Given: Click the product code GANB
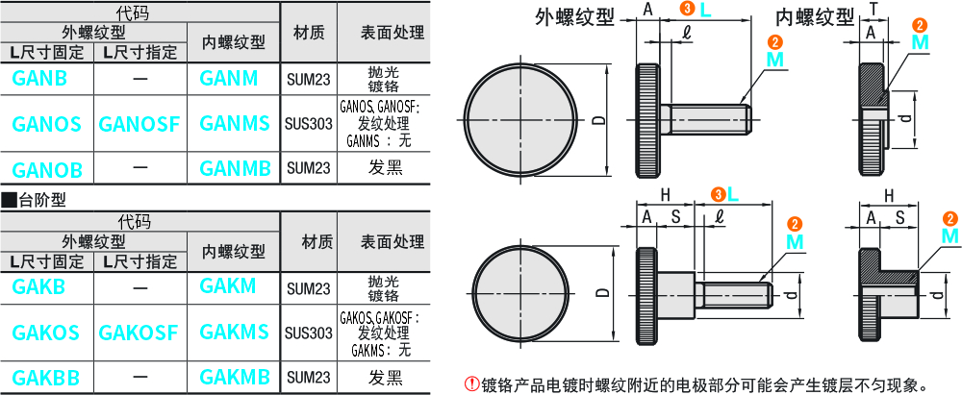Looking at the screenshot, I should click(40, 79).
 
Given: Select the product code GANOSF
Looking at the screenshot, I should click(139, 123).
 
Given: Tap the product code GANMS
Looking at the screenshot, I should click(235, 123).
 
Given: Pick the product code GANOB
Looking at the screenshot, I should click(47, 170).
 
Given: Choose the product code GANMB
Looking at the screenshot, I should click(235, 169).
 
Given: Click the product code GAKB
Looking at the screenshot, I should click(39, 286).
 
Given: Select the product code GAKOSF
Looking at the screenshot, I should click(139, 333).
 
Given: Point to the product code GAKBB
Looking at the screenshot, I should click(47, 378).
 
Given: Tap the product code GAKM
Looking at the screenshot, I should click(228, 286).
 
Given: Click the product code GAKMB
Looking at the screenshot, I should click(235, 378).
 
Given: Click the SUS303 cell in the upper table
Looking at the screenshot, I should click(308, 123).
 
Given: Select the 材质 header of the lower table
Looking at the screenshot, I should click(308, 241).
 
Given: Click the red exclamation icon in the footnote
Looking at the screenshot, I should click(471, 383).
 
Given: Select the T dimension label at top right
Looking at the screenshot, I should click(873, 9).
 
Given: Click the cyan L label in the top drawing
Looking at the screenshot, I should click(706, 10).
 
